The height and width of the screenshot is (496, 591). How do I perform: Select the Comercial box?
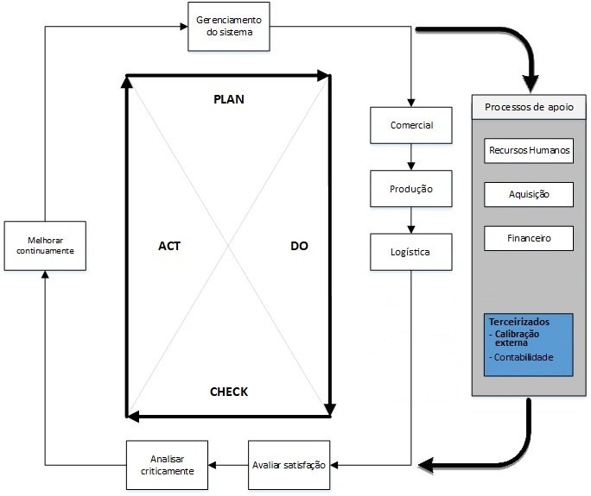click(x=410, y=126)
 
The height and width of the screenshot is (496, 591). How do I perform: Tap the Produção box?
click(x=410, y=189)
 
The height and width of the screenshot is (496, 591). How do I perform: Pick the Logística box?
click(x=410, y=252)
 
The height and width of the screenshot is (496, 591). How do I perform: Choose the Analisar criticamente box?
click(x=167, y=465)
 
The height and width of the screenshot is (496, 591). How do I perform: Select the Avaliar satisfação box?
click(x=289, y=465)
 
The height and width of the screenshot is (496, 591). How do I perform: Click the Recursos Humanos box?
click(x=529, y=150)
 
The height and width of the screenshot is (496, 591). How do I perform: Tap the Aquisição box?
click(x=529, y=194)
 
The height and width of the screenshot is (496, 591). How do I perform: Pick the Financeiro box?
click(x=529, y=238)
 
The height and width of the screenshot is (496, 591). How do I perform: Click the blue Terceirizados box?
click(x=529, y=344)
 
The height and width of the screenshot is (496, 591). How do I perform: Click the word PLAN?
click(x=229, y=99)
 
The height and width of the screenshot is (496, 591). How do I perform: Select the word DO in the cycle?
click(x=299, y=246)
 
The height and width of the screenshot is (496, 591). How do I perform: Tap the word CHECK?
click(x=229, y=392)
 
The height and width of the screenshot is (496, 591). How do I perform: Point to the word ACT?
click(x=169, y=246)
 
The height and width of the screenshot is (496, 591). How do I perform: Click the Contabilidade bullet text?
click(x=521, y=357)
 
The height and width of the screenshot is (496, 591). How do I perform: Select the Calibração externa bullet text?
click(x=520, y=337)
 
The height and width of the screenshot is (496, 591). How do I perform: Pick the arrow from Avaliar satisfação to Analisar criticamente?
click(x=228, y=465)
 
